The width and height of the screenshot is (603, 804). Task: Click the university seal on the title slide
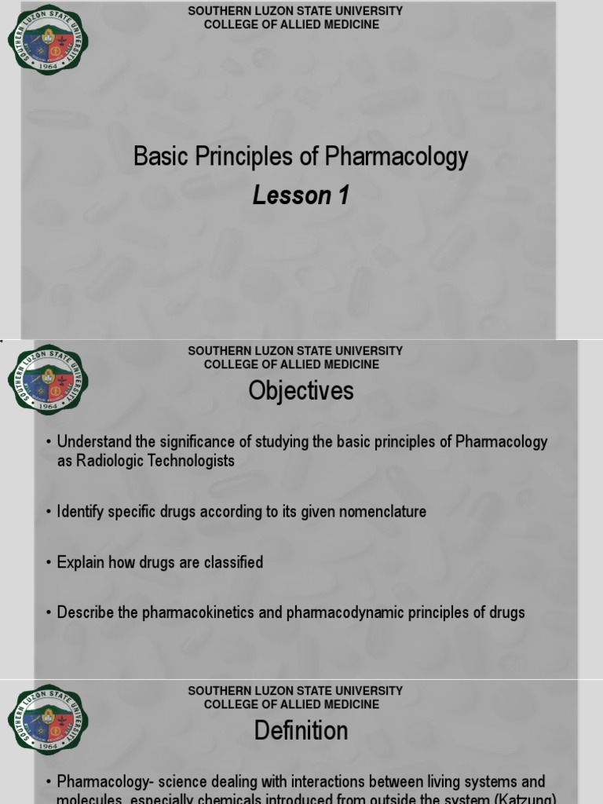coord(48,39)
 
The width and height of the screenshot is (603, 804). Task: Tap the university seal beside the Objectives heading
coord(48,380)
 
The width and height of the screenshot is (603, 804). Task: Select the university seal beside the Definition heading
coord(48,720)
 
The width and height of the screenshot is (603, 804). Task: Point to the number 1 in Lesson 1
coord(343,196)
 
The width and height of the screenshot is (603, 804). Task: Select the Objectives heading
coord(301,391)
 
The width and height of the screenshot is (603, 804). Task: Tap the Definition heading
coord(301,731)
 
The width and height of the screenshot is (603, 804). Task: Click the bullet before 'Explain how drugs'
coord(49,563)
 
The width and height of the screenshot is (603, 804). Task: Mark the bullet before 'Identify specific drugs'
coord(49,513)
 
